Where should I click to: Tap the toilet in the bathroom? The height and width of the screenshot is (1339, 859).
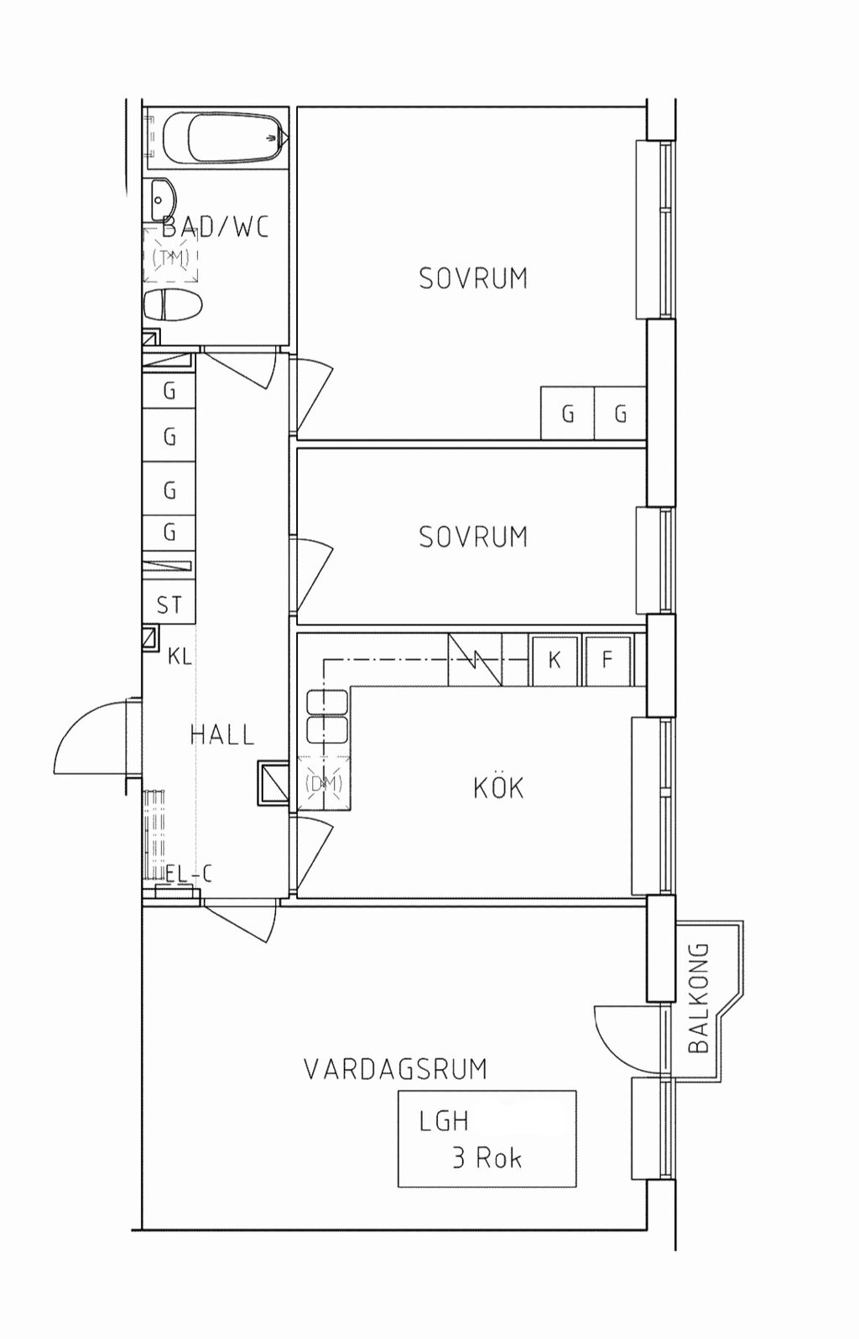173,305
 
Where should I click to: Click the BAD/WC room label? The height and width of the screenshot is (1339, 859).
216,227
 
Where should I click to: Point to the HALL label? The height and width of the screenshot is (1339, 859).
222,734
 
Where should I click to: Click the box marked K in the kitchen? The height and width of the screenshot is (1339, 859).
554,661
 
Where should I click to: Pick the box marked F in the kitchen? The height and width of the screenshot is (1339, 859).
607,661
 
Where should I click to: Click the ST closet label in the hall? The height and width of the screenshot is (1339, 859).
169,605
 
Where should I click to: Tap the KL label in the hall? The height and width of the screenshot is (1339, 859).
180,657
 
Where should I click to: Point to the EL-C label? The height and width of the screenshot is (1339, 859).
189,875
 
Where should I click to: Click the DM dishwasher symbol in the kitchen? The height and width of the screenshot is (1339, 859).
324,783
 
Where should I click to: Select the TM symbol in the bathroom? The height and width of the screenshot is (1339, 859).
170,257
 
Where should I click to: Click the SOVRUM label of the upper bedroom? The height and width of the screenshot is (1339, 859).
473,278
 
